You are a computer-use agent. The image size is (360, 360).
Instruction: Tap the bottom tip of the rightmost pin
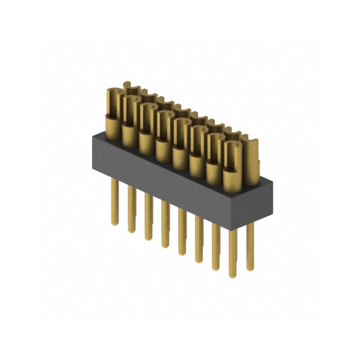click(250, 269)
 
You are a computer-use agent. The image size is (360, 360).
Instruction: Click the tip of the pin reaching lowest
click(233, 276)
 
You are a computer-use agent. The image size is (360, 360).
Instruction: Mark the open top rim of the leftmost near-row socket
click(112, 92)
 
